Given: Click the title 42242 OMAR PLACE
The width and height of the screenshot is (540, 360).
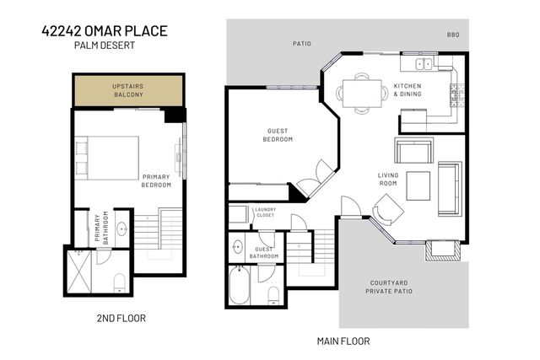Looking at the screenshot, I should click(104, 31).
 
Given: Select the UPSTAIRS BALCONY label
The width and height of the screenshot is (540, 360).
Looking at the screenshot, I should click(128, 90).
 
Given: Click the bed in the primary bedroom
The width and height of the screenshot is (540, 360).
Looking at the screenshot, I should click(110, 157).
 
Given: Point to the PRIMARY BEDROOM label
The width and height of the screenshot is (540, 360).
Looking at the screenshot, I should click(156, 180).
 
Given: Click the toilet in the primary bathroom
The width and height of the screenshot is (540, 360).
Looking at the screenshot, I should click(119, 282).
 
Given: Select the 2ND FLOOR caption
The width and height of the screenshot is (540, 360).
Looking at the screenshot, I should click(120, 320).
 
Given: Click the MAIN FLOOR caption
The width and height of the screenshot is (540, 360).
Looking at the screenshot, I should click(343, 341).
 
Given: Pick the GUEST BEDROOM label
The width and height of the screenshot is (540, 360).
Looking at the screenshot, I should click(279, 135).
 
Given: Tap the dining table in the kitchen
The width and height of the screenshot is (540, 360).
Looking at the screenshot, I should click(362, 92).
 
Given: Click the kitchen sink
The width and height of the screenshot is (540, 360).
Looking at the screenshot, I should click(421, 64).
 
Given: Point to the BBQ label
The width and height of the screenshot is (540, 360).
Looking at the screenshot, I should click(453, 35).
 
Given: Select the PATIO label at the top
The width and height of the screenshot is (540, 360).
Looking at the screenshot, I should click(302, 41).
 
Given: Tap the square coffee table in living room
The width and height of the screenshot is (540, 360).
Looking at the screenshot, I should click(418, 185).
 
